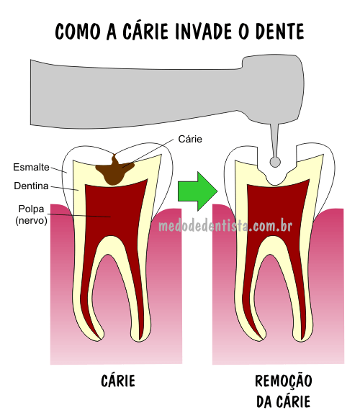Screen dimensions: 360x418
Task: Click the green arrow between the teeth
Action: coord(198,191)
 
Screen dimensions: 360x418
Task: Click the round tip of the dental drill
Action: coord(275,162)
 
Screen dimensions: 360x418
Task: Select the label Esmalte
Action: coord(31,167)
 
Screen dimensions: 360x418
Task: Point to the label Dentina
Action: coord(31,186)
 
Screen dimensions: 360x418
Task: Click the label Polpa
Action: coord(31,209)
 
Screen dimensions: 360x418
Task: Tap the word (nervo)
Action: coord(31,220)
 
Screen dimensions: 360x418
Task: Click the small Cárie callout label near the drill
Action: coord(190,139)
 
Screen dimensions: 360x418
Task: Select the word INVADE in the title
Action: coord(204,32)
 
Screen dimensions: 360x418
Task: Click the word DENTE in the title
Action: coord(280,32)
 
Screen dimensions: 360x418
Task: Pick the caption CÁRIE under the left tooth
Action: coord(118,380)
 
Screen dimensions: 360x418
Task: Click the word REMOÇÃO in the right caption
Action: coord(284,381)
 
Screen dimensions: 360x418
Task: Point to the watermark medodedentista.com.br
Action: coord(225,227)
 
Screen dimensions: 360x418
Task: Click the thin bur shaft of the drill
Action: coord(274,140)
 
